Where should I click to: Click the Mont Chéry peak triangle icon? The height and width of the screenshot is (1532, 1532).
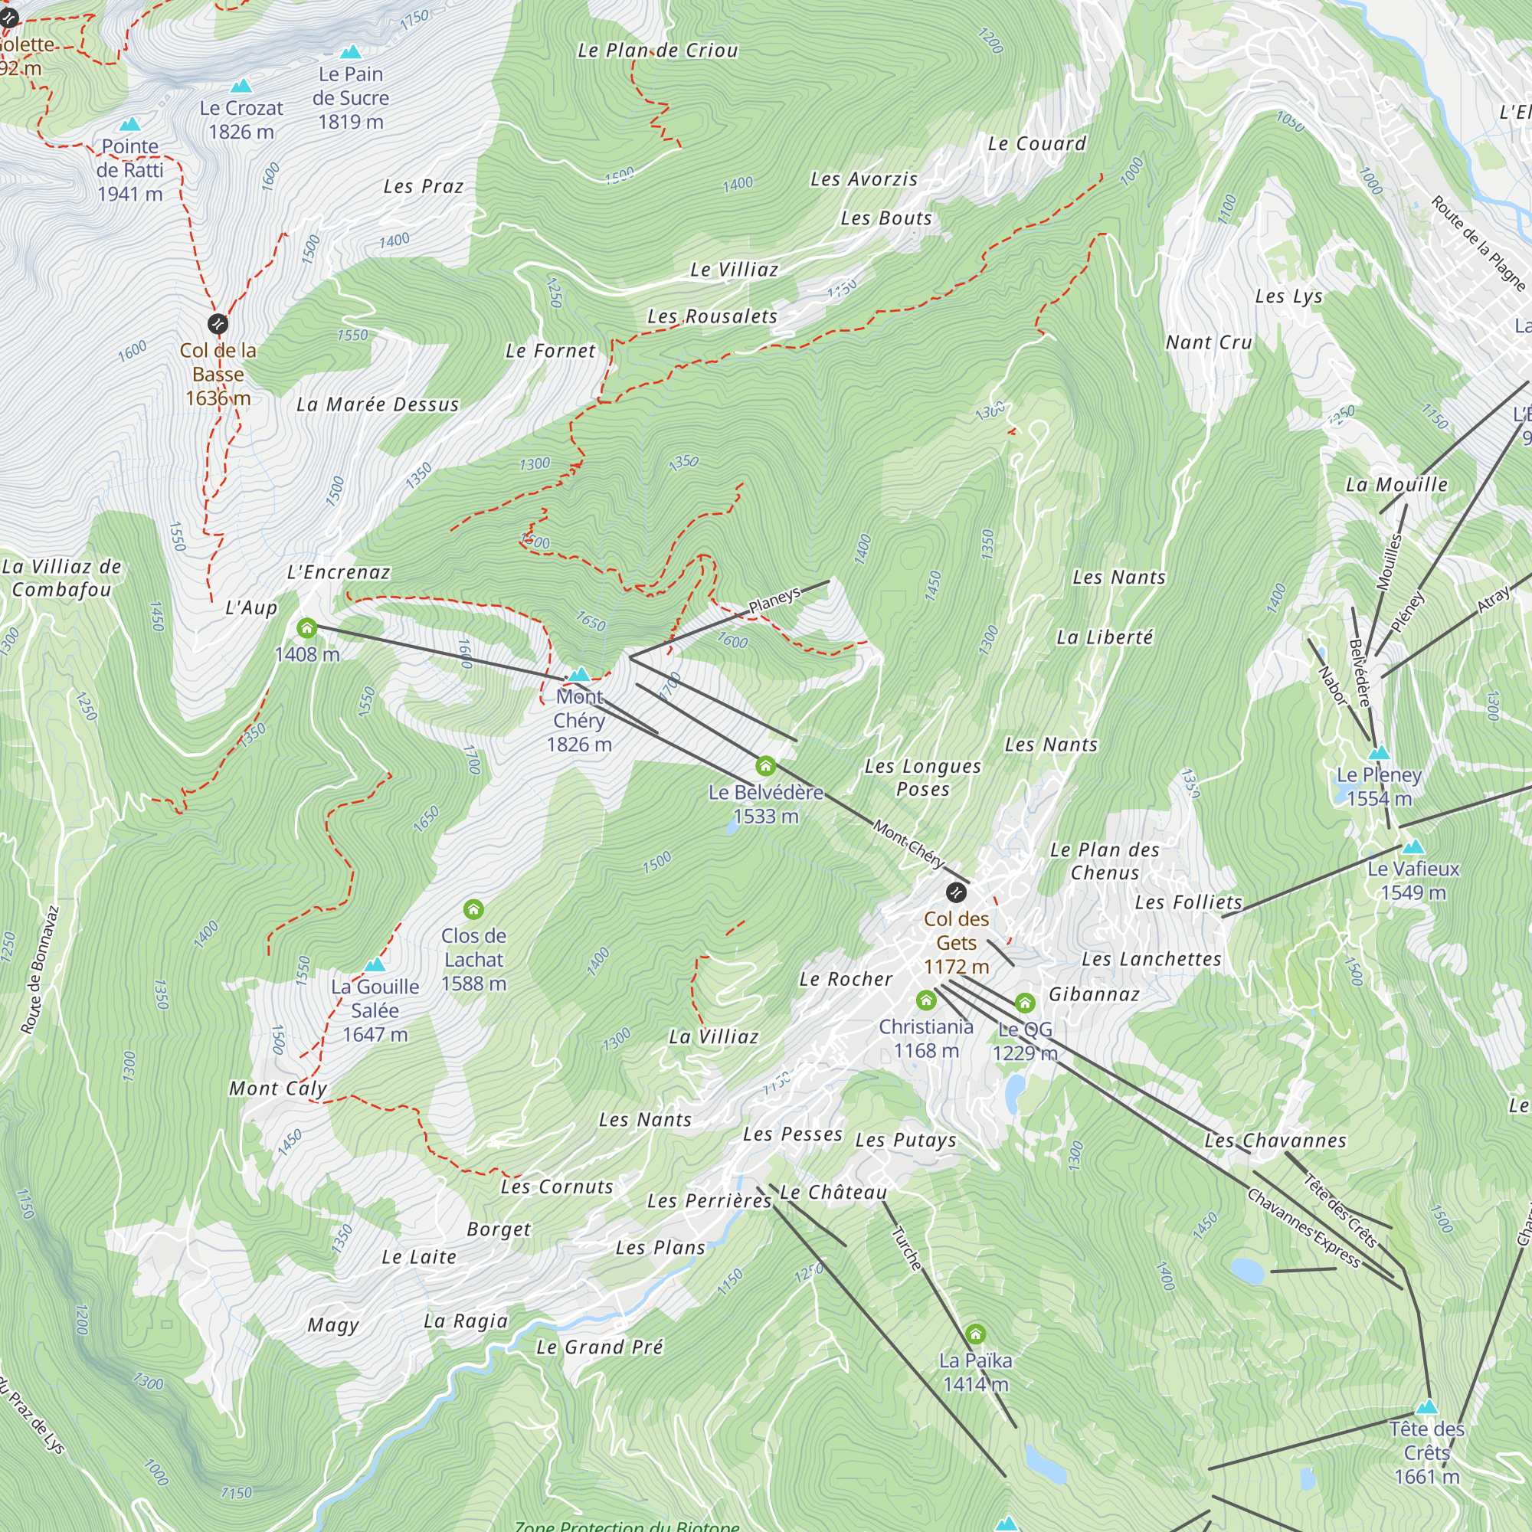(x=580, y=675)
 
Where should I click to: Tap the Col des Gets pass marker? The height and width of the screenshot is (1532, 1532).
(x=956, y=893)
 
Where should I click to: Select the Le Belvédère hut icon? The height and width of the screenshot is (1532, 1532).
(x=765, y=766)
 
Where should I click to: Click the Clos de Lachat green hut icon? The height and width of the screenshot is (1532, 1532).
(x=473, y=908)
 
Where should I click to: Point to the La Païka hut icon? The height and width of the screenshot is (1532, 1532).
(x=975, y=1334)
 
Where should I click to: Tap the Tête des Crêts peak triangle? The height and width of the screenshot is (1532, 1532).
(x=1426, y=1407)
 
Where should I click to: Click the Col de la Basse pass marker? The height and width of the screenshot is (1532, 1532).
(x=218, y=323)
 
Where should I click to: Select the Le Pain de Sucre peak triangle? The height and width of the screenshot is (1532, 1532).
(x=351, y=52)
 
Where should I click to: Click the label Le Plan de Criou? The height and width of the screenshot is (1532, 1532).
(x=657, y=51)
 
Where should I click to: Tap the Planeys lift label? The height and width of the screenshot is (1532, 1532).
(x=774, y=601)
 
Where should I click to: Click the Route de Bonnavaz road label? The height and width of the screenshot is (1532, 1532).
(x=40, y=970)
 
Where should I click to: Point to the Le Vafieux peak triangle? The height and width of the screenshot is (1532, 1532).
(x=1413, y=848)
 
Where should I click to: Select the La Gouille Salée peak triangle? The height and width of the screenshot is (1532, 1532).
(x=375, y=965)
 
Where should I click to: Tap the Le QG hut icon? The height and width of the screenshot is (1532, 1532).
(x=1024, y=1003)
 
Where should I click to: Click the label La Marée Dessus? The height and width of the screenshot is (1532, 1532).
(x=378, y=404)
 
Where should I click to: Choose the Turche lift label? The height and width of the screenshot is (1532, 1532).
(x=906, y=1249)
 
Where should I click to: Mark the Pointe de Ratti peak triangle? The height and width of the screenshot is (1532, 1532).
(x=129, y=125)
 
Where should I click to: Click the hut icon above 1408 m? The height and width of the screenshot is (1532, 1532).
(x=307, y=629)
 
